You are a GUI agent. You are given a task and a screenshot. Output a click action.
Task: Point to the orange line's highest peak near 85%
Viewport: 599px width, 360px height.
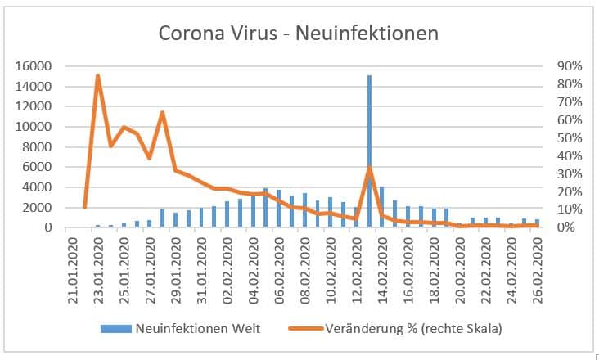(97, 76)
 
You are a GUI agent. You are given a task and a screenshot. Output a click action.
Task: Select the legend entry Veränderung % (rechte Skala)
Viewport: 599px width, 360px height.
(413, 329)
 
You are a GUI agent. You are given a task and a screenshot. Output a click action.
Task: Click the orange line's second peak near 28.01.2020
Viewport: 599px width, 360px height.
(162, 113)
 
